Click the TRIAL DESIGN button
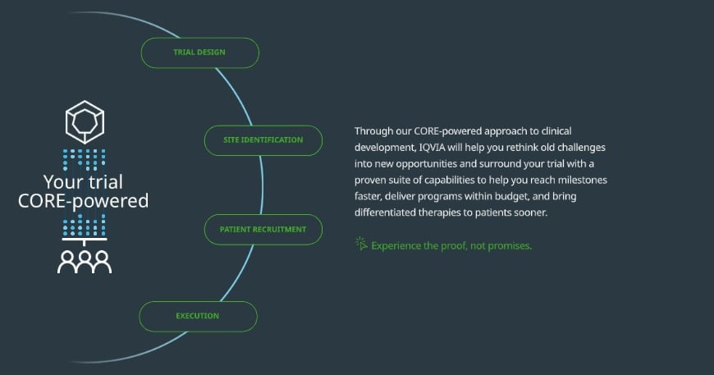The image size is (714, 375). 199,53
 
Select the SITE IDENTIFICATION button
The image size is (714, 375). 263,140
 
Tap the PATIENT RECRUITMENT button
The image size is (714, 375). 263,230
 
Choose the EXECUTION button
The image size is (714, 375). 198,316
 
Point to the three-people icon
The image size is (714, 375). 85,260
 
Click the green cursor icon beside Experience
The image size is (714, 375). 361,244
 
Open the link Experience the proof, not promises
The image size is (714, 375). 451,245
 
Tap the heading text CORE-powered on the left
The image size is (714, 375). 83,201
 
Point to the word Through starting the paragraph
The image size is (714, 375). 374,130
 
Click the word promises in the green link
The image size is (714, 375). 510,245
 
